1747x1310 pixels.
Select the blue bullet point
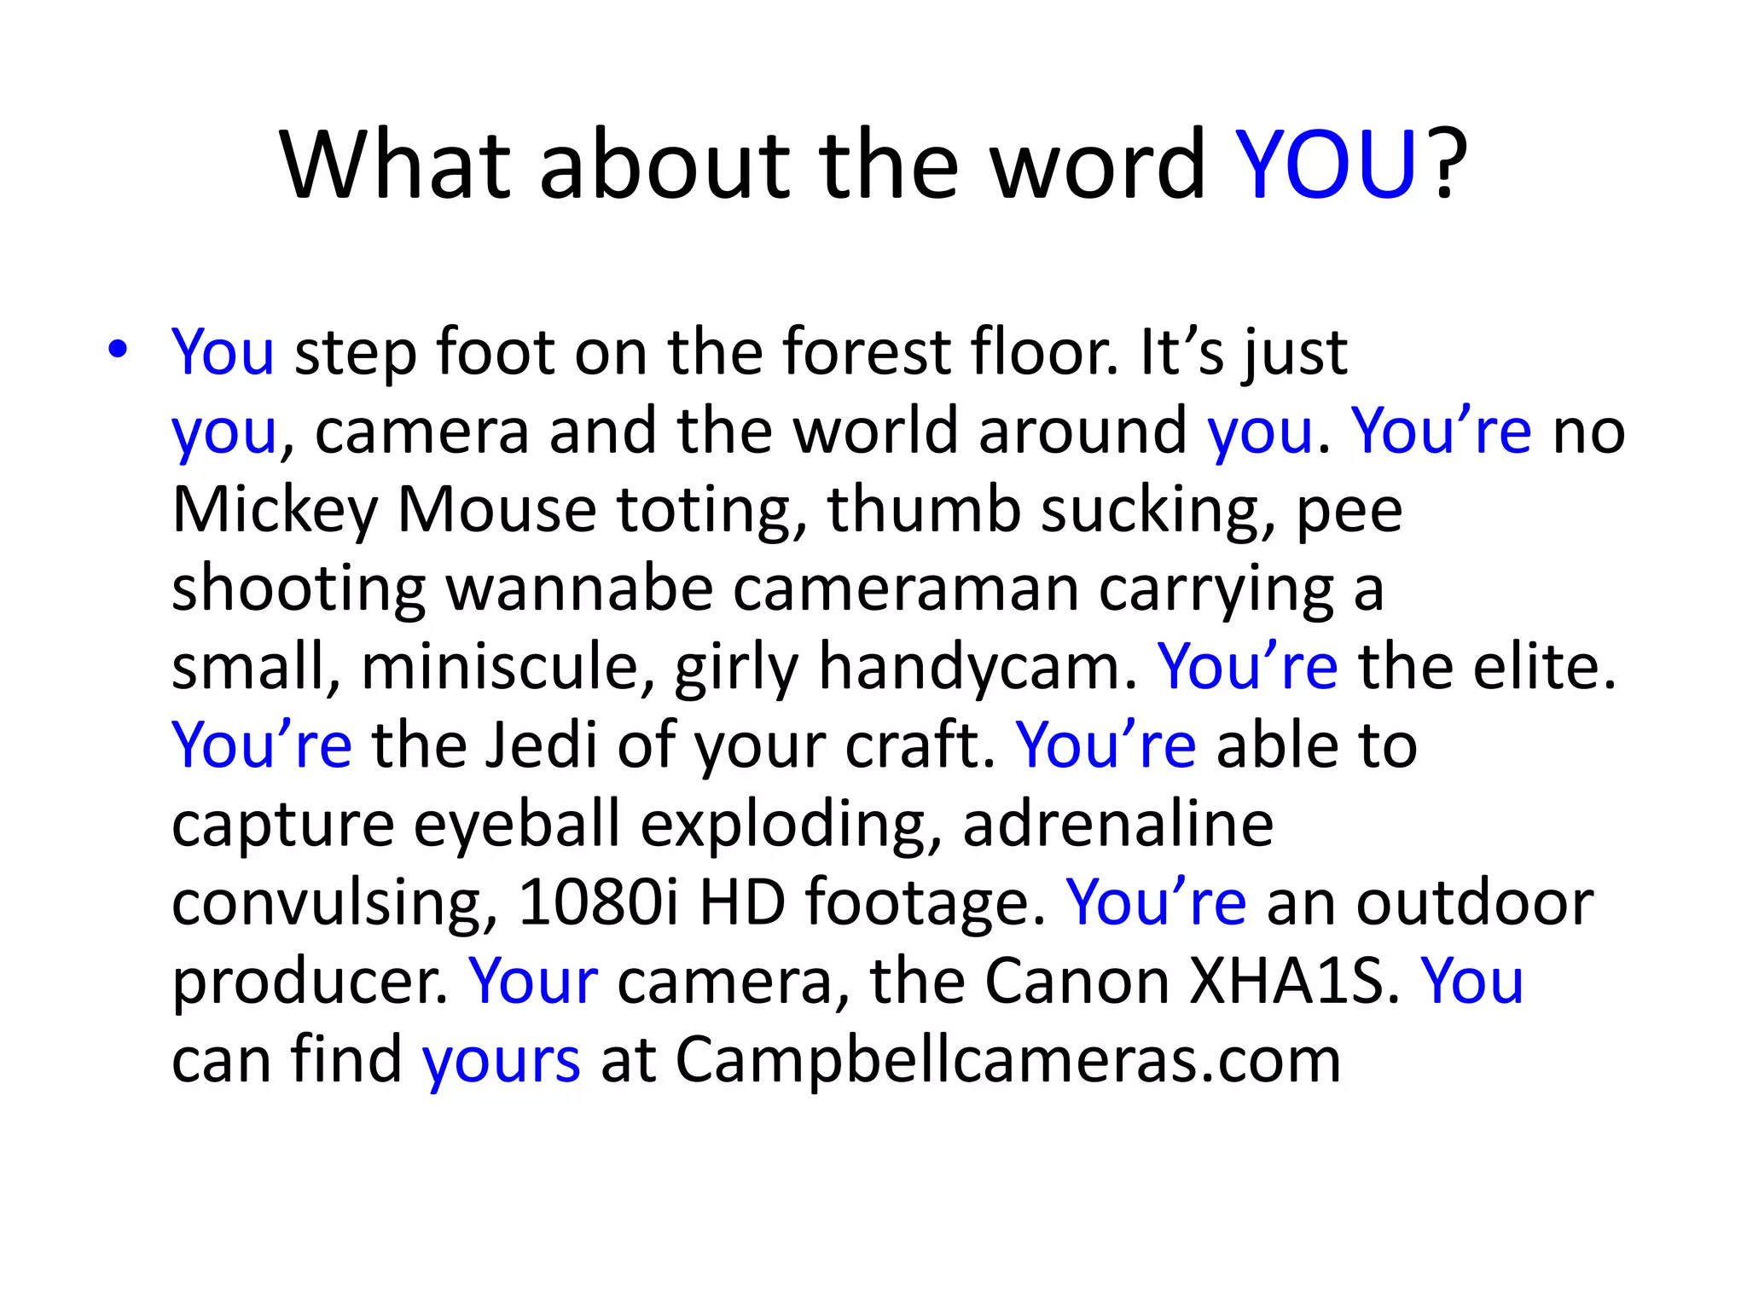(x=118, y=349)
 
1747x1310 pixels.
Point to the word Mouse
(x=496, y=510)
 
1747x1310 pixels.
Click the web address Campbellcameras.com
(x=1008, y=1060)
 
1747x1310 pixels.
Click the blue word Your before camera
(x=533, y=981)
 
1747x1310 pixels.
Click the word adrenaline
(x=1117, y=824)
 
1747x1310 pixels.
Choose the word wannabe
(x=579, y=588)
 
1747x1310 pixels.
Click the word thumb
(x=923, y=510)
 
